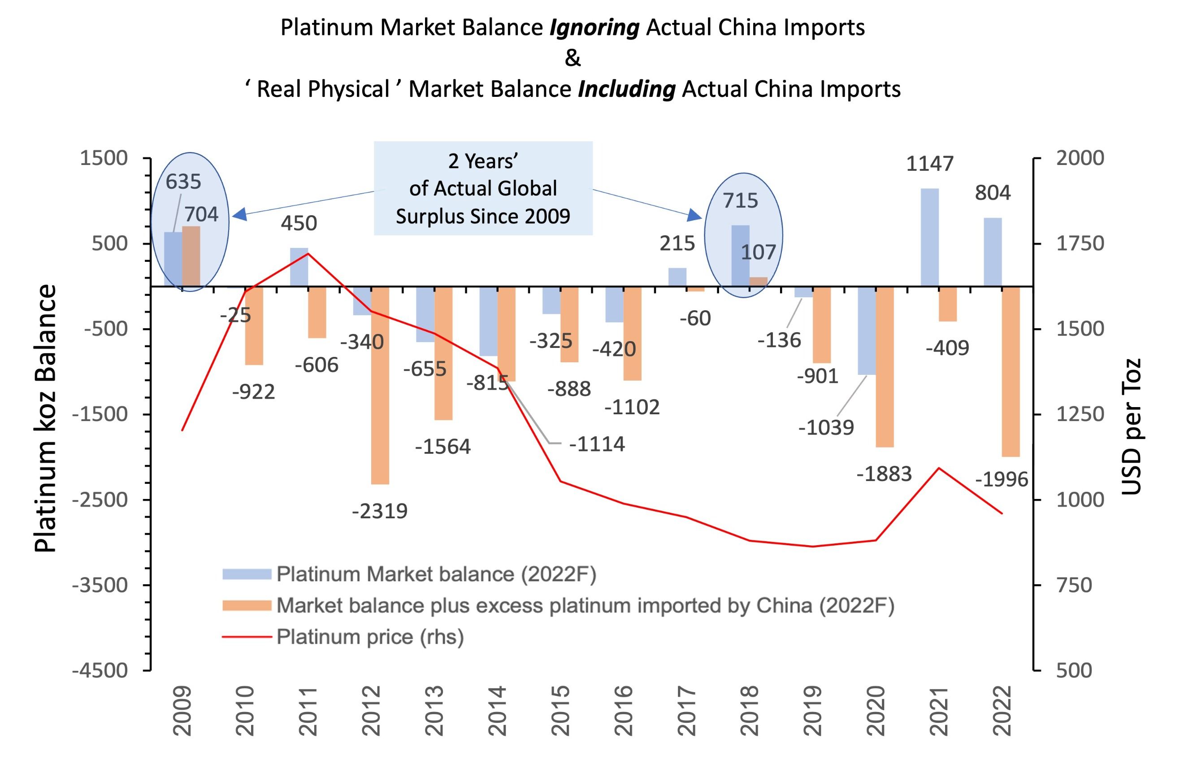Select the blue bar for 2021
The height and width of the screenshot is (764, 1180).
[x=930, y=238]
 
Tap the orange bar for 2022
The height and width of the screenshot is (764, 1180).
[x=1011, y=371]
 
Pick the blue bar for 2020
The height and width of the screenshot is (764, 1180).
[x=867, y=330]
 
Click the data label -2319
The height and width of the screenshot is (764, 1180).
[x=380, y=511]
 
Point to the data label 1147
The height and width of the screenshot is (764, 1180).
[x=930, y=164]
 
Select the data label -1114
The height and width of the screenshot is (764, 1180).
[x=597, y=444]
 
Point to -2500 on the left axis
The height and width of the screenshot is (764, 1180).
[x=100, y=500]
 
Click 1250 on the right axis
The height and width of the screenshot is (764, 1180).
[x=1080, y=414]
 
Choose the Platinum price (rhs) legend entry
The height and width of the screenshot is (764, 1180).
[x=369, y=637]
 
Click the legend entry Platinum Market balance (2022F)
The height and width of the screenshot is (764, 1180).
[x=436, y=574]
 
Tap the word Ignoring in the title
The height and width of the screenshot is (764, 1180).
[x=594, y=28]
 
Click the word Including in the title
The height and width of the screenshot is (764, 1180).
[x=626, y=90]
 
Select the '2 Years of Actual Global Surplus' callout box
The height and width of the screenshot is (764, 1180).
[x=483, y=188]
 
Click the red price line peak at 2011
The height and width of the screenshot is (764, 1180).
[x=308, y=253]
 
